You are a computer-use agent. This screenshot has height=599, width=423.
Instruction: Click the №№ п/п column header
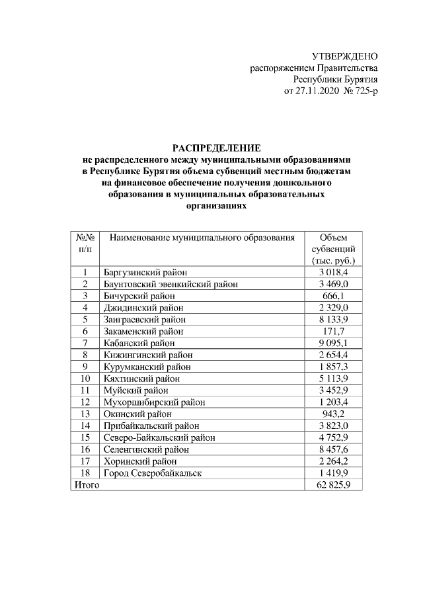coord(85,243)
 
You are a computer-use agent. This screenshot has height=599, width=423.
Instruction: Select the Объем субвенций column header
coord(333,249)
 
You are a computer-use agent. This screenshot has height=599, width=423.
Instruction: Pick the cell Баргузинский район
coord(145,272)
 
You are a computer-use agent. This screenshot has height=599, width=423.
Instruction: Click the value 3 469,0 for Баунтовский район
coord(333,284)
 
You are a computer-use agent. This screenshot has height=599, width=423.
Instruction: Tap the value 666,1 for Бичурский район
coord(333,295)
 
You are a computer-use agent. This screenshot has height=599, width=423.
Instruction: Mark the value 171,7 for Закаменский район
coord(333,331)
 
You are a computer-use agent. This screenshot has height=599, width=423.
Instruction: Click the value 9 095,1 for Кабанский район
coord(333,343)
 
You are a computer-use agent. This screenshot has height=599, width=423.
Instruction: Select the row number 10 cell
coord(85,379)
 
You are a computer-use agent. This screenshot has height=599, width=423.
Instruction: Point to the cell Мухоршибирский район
coord(154,402)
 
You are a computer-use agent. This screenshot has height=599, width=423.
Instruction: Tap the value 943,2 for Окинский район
coord(333,414)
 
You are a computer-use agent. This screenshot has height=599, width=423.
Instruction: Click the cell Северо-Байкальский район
coord(159,438)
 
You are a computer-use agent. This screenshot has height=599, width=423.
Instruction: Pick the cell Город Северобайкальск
coord(153,473)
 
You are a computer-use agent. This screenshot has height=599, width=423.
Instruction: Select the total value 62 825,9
coord(333,485)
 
